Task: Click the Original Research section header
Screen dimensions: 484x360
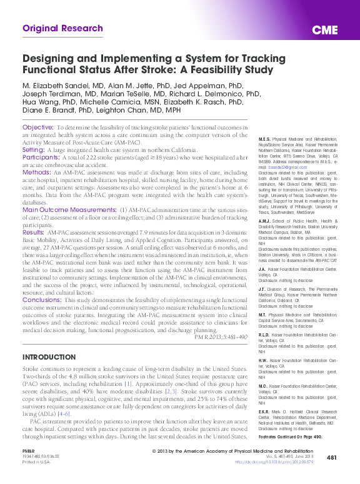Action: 62,28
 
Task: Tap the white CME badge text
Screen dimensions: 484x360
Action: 325,31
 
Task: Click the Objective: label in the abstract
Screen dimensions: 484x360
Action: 37,127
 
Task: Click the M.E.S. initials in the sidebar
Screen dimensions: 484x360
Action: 266,138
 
